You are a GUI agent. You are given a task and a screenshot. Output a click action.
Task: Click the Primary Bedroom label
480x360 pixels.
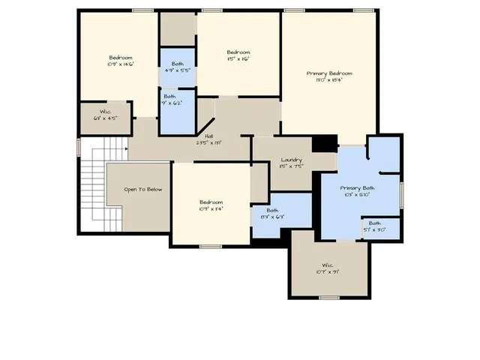(x=329, y=73)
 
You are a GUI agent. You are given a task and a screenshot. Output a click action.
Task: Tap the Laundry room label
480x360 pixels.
(x=291, y=160)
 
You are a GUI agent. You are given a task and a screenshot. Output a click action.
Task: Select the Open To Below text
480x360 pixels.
(x=142, y=189)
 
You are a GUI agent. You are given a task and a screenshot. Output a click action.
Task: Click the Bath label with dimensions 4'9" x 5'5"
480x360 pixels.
(x=177, y=64)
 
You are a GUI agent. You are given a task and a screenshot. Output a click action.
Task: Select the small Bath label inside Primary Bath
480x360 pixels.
(x=373, y=223)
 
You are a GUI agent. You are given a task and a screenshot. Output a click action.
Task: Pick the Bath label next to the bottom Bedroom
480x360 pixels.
(x=272, y=211)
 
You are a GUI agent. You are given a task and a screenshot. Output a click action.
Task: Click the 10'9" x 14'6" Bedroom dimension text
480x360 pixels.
(x=120, y=64)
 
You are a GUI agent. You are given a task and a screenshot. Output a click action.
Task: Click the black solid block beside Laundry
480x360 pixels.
(x=324, y=142)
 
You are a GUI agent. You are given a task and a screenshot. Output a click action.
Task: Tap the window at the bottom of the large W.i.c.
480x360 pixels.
(x=328, y=298)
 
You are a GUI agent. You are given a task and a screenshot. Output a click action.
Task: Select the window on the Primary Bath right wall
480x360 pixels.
(x=402, y=193)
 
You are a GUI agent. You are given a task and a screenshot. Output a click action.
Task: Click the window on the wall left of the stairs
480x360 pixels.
(x=79, y=146)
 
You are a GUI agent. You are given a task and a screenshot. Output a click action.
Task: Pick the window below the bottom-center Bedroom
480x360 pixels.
(x=210, y=246)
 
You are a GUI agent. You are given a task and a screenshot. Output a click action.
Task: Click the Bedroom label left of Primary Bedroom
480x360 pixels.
(x=238, y=52)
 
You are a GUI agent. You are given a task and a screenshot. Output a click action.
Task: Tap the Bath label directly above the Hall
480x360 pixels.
(x=170, y=97)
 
